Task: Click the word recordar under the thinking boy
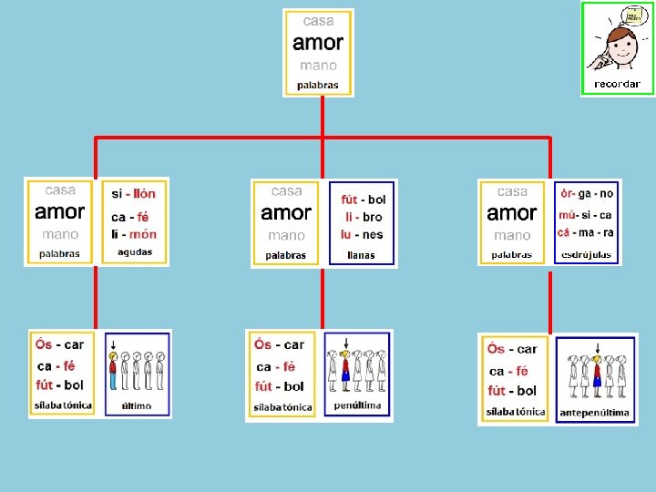pos(617,84)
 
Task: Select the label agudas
pos(135,252)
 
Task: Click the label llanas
pos(361,255)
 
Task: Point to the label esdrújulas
pos(587,254)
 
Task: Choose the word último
pos(136,405)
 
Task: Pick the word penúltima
pos(357,405)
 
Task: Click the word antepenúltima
pos(594,413)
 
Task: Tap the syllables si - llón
pos(134,194)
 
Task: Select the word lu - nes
pos(362,235)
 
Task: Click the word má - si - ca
pos(586,215)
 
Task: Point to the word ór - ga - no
pos(587,194)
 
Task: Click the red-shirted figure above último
pos(113,373)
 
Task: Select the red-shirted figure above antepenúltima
pos(597,374)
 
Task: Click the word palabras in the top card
pos(317,86)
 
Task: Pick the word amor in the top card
pos(318,43)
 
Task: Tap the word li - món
pos(134,234)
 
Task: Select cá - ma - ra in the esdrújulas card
pos(586,233)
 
